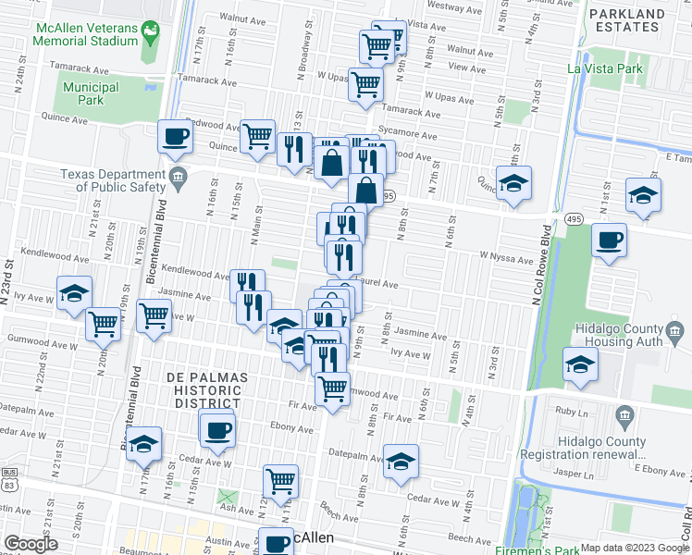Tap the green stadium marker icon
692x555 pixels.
(x=151, y=31)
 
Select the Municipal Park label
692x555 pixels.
(x=91, y=93)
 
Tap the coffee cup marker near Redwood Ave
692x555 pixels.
(x=176, y=138)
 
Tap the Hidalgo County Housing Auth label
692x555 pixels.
(x=636, y=337)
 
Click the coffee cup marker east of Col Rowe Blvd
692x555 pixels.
(x=609, y=240)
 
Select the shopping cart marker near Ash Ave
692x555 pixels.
(x=280, y=480)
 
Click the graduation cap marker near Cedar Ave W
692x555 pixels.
(x=401, y=462)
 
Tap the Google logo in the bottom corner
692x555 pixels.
(x=31, y=545)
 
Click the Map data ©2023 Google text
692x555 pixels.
(x=636, y=548)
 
